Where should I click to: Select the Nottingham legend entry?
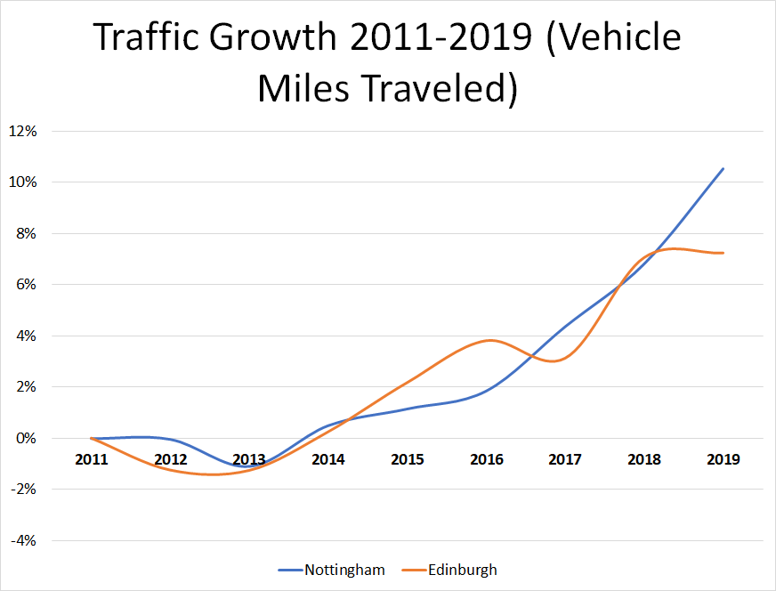click(344, 570)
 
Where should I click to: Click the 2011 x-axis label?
click(92, 459)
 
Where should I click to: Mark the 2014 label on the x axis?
click(328, 459)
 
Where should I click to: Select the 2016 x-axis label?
click(487, 459)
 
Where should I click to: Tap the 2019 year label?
click(723, 459)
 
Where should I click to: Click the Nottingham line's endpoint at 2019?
click(723, 168)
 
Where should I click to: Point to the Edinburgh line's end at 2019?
click(723, 253)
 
